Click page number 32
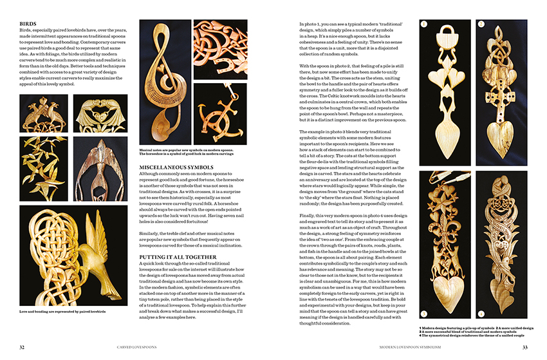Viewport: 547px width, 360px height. (x=22, y=347)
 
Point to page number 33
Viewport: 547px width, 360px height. (x=524, y=347)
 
